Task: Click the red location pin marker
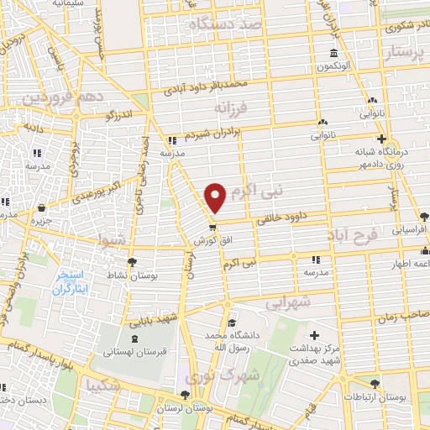point(216,197)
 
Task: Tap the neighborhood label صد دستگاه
point(226,25)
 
